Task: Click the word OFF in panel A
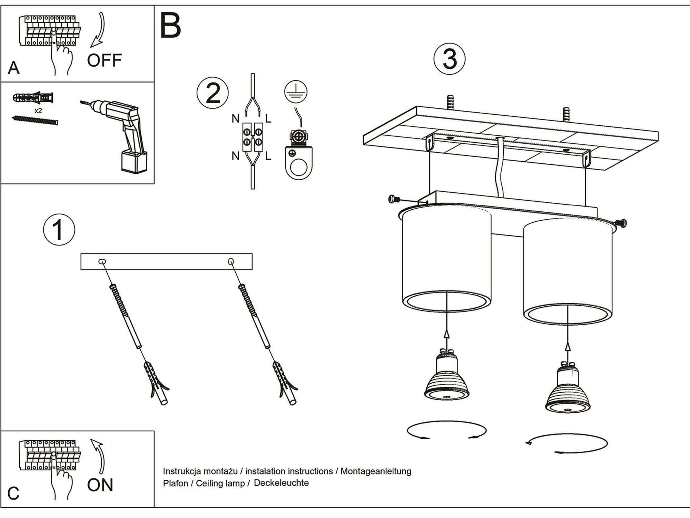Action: pos(104,60)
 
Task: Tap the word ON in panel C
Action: pos(100,485)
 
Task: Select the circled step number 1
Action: pos(59,230)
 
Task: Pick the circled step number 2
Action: pos(213,93)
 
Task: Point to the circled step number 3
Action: pos(449,59)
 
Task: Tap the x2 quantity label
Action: pos(38,111)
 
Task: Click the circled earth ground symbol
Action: pos(296,92)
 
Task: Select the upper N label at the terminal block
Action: pos(235,119)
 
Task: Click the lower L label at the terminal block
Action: pos(268,156)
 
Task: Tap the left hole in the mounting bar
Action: pos(102,262)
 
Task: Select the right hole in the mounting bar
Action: pos(231,261)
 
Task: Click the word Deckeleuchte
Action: pos(281,483)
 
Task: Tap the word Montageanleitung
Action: pos(376,471)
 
